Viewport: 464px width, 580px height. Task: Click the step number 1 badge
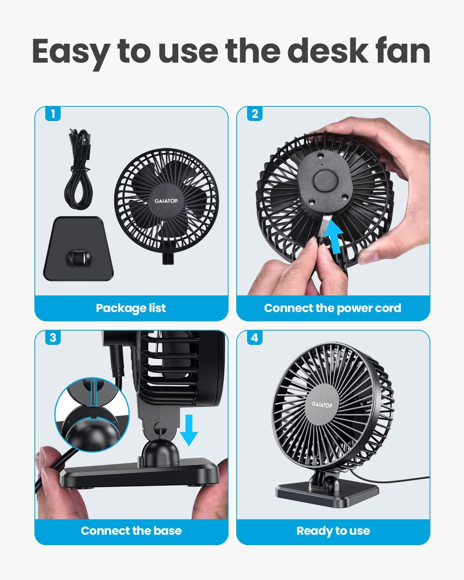click(53, 114)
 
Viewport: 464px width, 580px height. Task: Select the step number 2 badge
click(254, 114)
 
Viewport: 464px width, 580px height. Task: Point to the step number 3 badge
click(53, 338)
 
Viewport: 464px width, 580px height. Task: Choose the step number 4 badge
click(254, 338)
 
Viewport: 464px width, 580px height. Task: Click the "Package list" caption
click(131, 308)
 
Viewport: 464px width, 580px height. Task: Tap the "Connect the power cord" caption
click(333, 308)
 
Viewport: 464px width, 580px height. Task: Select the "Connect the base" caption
click(131, 531)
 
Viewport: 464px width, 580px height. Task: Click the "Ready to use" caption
click(333, 531)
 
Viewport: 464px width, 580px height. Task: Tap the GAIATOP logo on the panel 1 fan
click(166, 201)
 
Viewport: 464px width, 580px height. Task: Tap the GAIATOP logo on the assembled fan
click(322, 405)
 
